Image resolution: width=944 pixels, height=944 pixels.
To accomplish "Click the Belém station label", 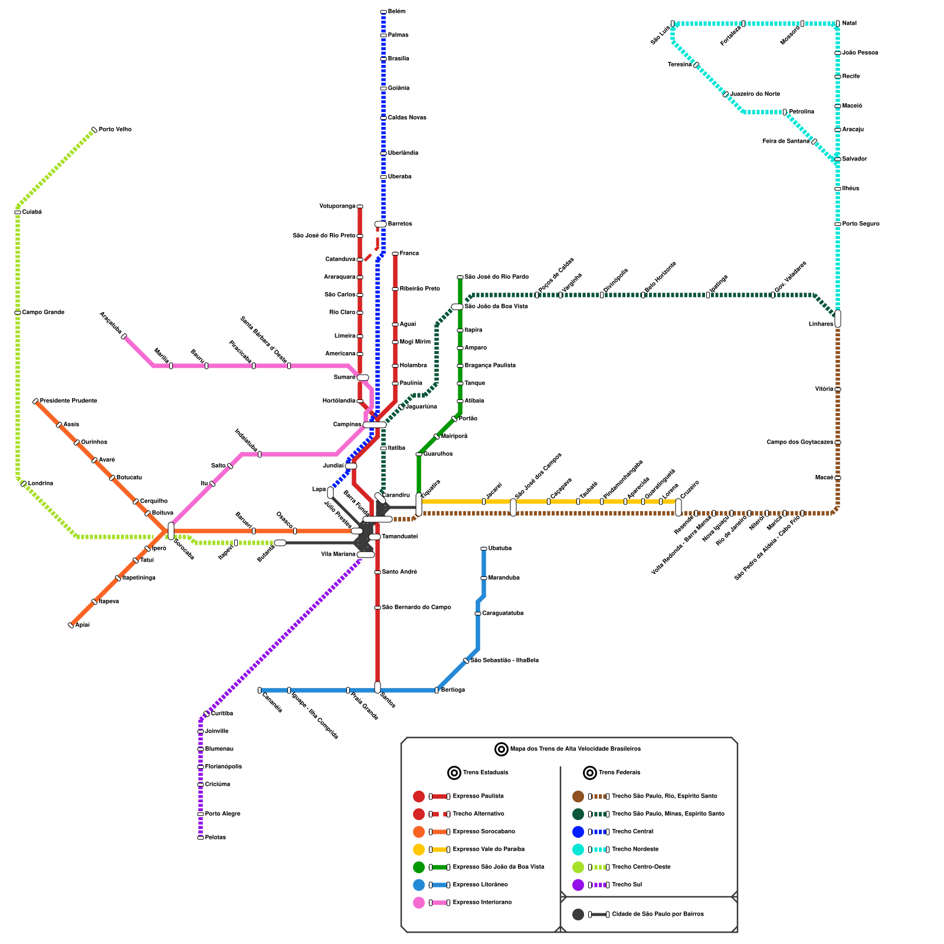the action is click(396, 12).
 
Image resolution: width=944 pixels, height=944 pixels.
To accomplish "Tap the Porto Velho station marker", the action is click(94, 130).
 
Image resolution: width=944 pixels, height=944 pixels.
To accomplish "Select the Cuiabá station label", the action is click(32, 212).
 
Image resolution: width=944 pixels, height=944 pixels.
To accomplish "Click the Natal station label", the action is click(849, 24).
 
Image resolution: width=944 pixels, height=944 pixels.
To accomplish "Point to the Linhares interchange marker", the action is click(838, 319).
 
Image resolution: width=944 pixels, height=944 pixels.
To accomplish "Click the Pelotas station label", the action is click(215, 838).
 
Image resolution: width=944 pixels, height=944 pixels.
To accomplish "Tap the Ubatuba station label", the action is click(500, 549).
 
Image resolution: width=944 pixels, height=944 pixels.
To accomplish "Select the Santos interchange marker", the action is click(378, 687).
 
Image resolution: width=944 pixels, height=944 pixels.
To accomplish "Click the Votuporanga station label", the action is click(337, 206).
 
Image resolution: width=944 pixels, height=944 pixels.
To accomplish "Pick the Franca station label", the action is click(409, 254).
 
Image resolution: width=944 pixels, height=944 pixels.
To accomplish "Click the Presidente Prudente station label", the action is click(68, 401).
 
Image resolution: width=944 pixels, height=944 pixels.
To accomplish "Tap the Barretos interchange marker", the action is click(381, 224).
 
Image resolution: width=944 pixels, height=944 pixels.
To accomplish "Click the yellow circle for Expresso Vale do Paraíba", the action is click(419, 850).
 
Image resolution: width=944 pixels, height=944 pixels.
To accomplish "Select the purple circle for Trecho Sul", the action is click(578, 885).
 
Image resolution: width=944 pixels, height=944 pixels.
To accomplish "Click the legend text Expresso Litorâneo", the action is click(480, 885).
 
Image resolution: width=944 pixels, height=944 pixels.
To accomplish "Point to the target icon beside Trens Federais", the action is click(590, 773).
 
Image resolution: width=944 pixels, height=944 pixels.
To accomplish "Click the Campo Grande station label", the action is click(43, 313).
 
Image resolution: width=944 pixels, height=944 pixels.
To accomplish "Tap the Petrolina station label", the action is click(801, 112).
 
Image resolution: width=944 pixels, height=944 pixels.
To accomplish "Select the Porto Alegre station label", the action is click(222, 814).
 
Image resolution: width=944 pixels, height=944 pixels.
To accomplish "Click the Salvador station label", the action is click(854, 159).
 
